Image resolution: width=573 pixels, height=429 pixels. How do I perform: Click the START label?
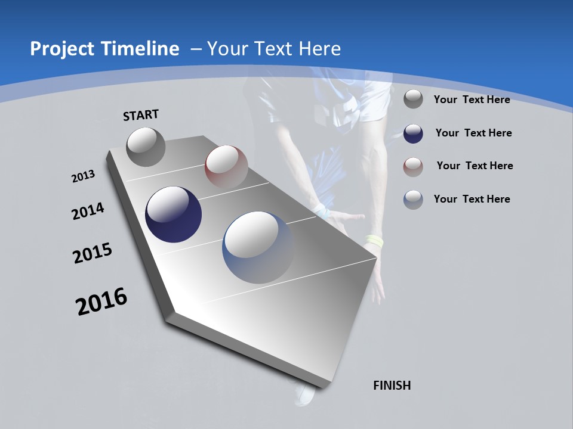pyautogui.click(x=141, y=115)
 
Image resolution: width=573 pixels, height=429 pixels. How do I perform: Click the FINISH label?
pyautogui.click(x=392, y=386)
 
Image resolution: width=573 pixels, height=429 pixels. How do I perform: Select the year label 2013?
pyautogui.click(x=84, y=176)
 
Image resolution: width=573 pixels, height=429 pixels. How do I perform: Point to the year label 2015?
pyautogui.click(x=93, y=254)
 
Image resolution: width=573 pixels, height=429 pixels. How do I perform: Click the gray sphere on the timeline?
pyautogui.click(x=146, y=147)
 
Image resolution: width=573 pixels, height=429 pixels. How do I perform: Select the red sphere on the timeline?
pyautogui.click(x=226, y=167)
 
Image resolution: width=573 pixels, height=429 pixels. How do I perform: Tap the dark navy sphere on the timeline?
pyautogui.click(x=174, y=214)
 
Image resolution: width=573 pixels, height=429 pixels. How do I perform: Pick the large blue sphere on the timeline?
pyautogui.click(x=258, y=247)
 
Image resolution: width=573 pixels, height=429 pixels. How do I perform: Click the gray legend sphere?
pyautogui.click(x=413, y=99)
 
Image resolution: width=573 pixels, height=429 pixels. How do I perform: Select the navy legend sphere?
pyautogui.click(x=413, y=133)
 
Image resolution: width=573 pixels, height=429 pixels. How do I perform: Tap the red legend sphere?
pyautogui.click(x=413, y=167)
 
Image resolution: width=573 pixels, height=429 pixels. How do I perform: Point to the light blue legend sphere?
pyautogui.click(x=413, y=200)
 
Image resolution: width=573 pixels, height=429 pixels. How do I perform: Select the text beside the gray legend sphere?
pyautogui.click(x=472, y=100)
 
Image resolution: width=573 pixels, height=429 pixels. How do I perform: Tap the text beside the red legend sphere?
pyautogui.click(x=475, y=166)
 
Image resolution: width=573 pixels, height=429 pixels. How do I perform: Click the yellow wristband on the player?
pyautogui.click(x=374, y=241)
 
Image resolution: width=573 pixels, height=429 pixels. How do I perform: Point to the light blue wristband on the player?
pyautogui.click(x=321, y=211)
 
